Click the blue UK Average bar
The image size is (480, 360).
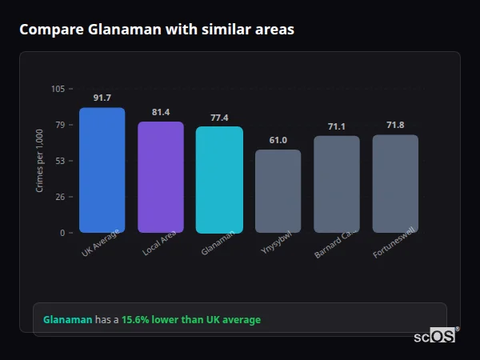click(102, 170)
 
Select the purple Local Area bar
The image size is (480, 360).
click(161, 178)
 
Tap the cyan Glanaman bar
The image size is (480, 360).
click(219, 180)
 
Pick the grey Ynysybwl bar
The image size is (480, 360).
click(278, 191)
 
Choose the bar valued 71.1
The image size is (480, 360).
click(337, 184)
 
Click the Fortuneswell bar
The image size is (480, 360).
click(395, 184)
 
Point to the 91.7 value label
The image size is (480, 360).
click(102, 98)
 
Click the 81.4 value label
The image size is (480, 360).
click(161, 112)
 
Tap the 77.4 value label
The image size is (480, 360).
click(219, 118)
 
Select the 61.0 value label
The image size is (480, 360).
click(278, 140)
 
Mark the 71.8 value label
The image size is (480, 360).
click(395, 125)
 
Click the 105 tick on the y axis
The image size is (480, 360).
click(58, 89)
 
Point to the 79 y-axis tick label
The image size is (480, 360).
click(60, 125)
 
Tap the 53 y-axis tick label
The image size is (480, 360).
click(60, 161)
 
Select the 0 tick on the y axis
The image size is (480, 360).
click(62, 233)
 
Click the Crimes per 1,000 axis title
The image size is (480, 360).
click(40, 161)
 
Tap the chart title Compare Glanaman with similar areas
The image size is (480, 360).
click(157, 30)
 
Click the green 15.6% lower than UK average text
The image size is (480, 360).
click(191, 320)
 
